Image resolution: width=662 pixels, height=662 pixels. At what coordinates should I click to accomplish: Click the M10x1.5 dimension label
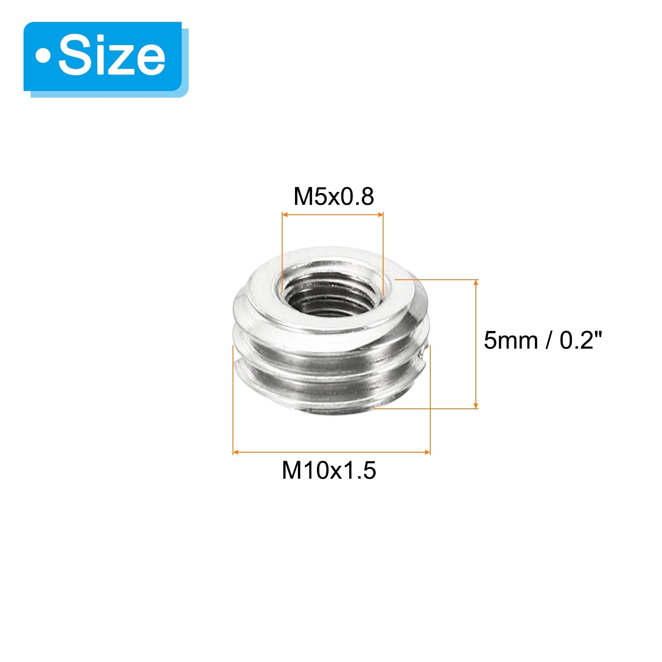(329, 470)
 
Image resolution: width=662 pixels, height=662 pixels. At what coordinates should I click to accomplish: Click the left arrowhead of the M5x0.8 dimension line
(285, 214)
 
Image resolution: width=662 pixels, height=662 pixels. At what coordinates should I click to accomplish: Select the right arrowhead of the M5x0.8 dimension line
(380, 214)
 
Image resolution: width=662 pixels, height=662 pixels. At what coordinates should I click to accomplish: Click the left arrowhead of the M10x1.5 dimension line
(236, 452)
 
